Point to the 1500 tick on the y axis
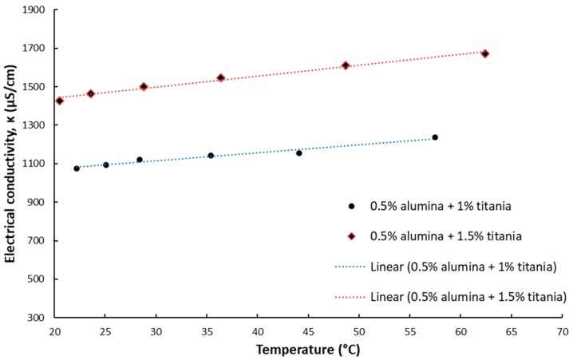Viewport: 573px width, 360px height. (x=34, y=87)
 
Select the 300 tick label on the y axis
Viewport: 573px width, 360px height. (x=37, y=318)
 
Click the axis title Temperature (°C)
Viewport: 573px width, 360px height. (x=307, y=350)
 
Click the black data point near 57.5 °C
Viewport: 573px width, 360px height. (x=435, y=137)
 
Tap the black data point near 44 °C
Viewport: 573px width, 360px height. (x=299, y=152)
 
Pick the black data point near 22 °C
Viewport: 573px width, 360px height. (x=77, y=168)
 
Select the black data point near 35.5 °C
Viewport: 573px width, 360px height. (x=211, y=156)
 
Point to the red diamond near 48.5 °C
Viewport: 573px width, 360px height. (x=346, y=65)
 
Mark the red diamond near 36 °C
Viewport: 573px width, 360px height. (x=221, y=78)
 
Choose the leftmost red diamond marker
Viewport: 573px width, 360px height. (x=59, y=101)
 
